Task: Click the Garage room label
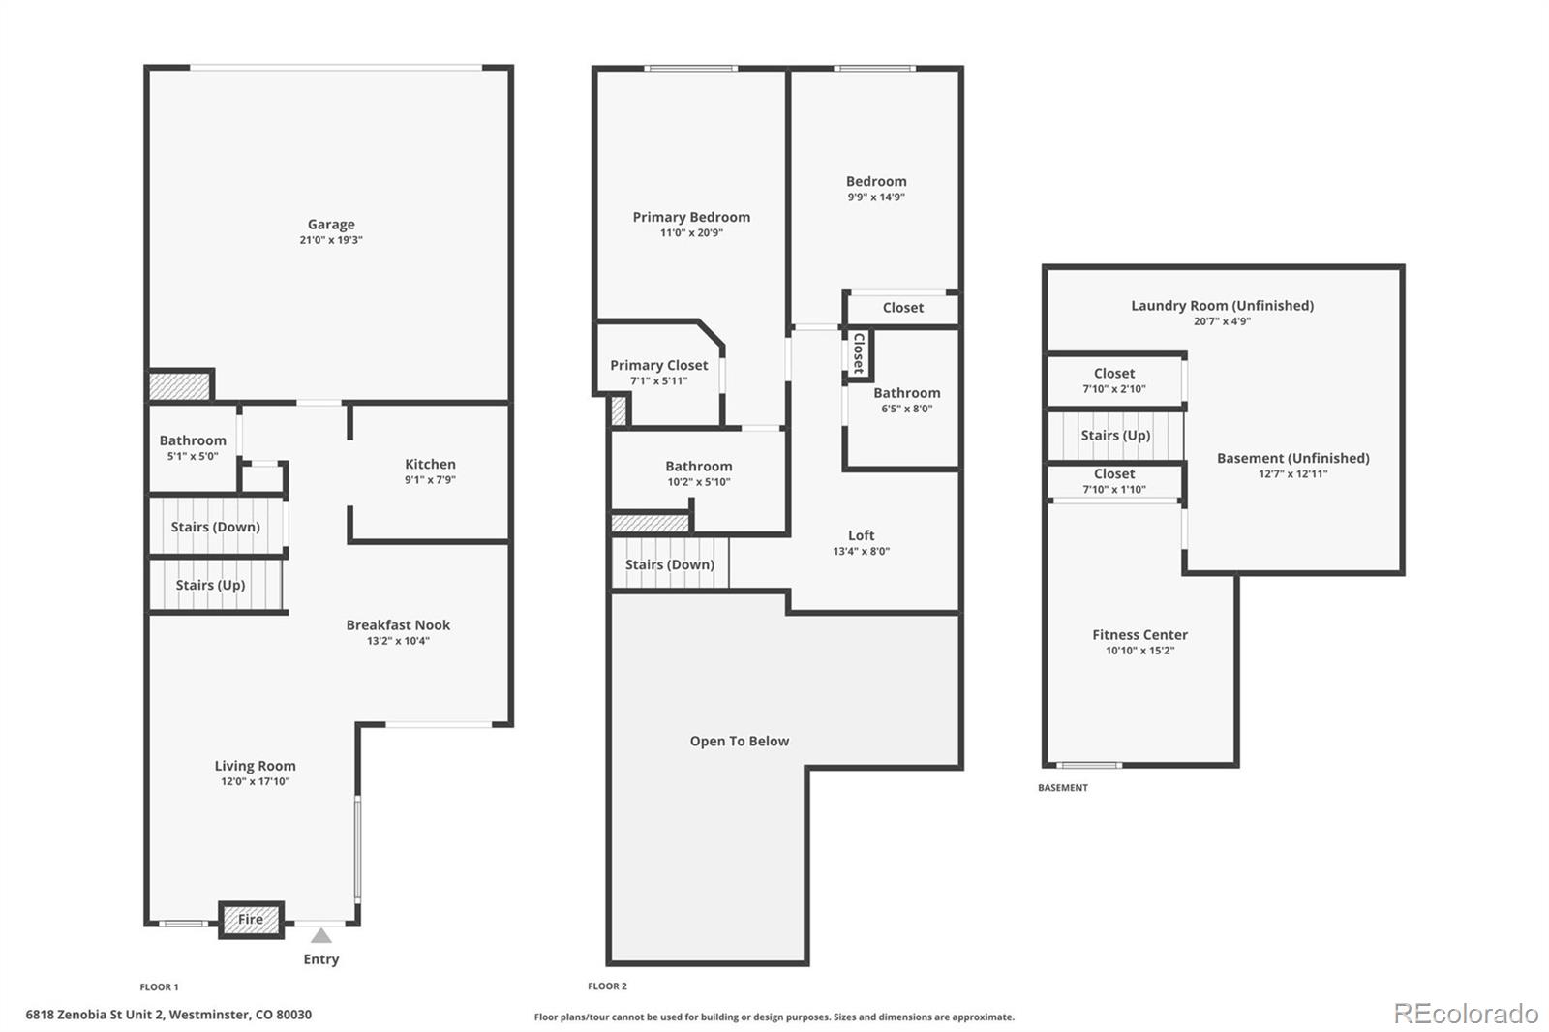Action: tap(331, 225)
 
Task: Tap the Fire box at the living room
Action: tap(251, 920)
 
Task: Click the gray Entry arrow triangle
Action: tap(320, 936)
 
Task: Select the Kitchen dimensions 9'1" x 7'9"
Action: tap(430, 480)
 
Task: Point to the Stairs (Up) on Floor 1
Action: tap(210, 586)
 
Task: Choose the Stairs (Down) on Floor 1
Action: tap(215, 528)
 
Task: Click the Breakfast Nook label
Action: tap(398, 625)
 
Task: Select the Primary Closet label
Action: tap(658, 365)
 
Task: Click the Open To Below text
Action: tap(739, 742)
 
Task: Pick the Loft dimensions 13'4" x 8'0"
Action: tap(861, 552)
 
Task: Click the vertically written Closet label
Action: tap(858, 353)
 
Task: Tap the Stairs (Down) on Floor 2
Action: tap(669, 565)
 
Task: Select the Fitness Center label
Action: tap(1139, 635)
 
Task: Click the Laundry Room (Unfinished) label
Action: tap(1222, 306)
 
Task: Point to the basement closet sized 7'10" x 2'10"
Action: tap(1114, 380)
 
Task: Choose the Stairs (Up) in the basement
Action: tap(1115, 436)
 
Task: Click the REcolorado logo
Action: tap(1465, 1014)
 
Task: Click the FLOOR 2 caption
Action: tap(607, 986)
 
